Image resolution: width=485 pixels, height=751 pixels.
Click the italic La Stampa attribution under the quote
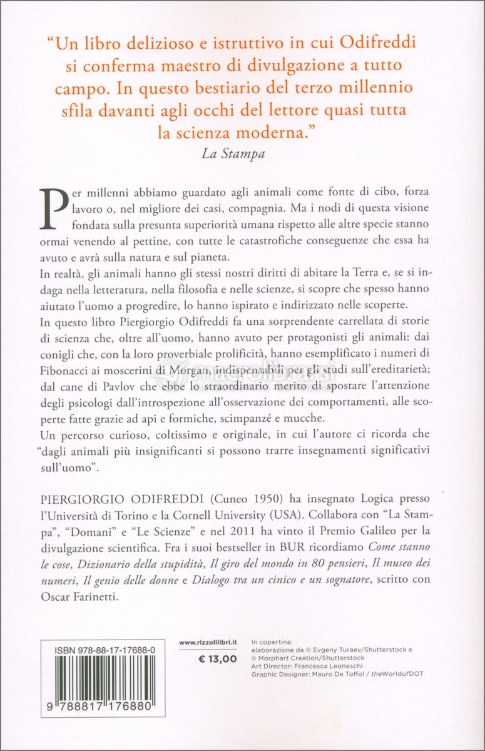(x=233, y=154)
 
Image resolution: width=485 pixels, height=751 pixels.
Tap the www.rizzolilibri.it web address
(x=208, y=643)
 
